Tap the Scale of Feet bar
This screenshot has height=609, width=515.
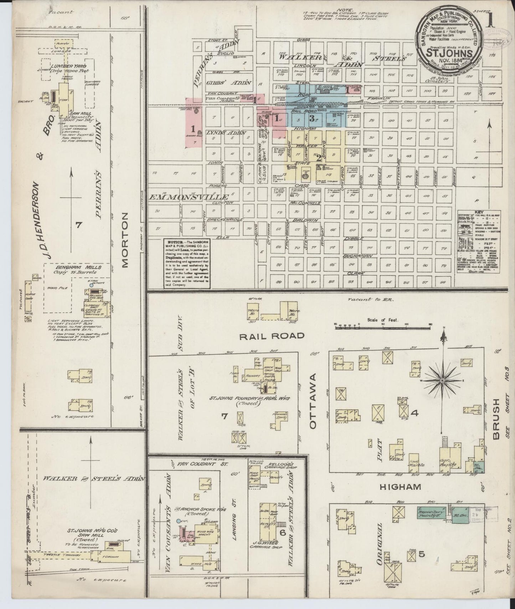click(383, 325)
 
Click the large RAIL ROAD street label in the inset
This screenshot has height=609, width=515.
click(272, 335)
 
